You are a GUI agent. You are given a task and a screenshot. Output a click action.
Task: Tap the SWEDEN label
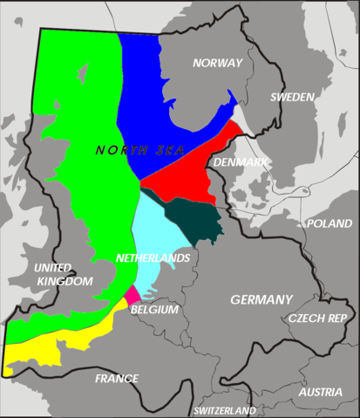[x=290, y=97]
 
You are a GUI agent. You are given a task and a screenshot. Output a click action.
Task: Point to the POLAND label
[x=329, y=223]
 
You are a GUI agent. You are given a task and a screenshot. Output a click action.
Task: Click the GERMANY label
[x=262, y=299]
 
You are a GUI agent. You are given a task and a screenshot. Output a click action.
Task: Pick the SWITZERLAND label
[x=225, y=410]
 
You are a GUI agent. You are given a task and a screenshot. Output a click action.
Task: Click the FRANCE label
[x=117, y=378]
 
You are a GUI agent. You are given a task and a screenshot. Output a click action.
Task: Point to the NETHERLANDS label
[x=153, y=259]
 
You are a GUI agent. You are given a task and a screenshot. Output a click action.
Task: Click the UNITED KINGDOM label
[x=63, y=274]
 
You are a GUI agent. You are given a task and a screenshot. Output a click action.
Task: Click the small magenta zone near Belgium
[x=132, y=294]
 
